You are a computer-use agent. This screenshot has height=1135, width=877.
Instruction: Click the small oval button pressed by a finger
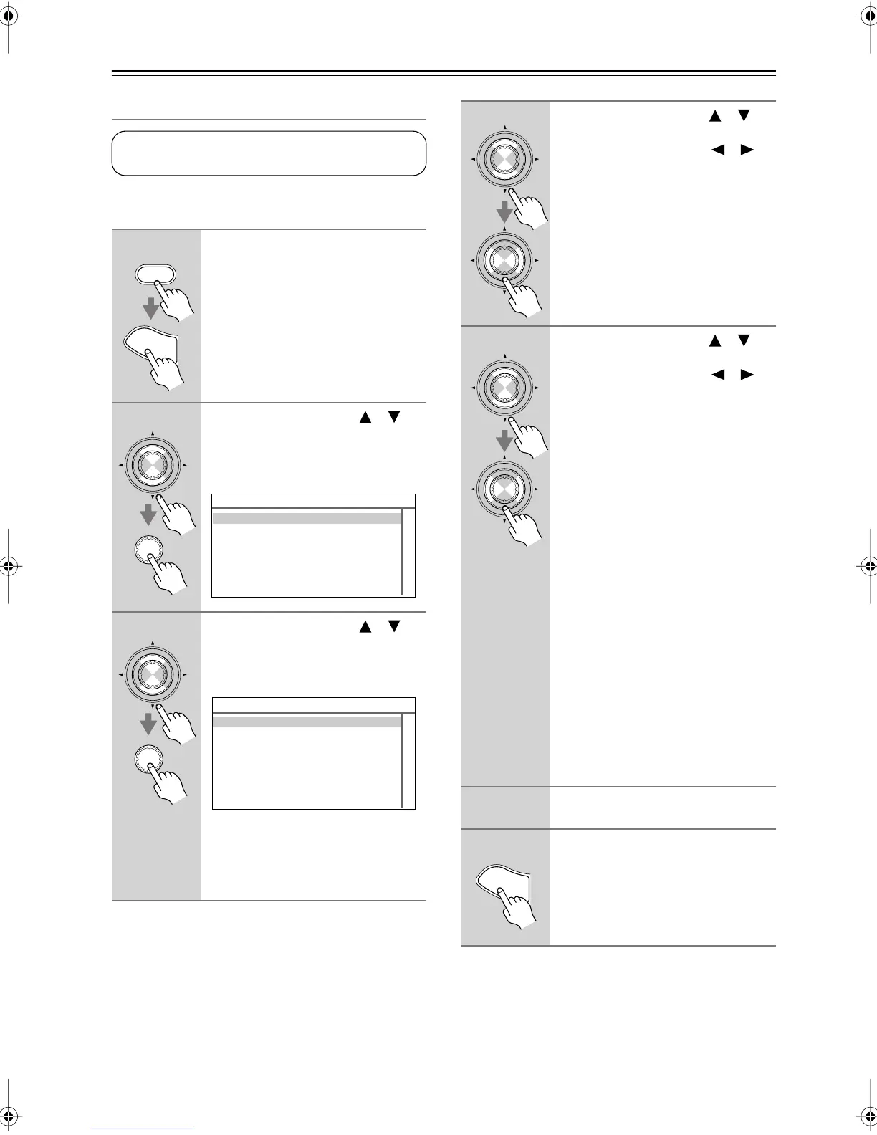(155, 275)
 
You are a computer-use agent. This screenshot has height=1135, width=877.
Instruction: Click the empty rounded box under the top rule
(269, 153)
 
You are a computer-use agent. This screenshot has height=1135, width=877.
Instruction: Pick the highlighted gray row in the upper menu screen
(307, 519)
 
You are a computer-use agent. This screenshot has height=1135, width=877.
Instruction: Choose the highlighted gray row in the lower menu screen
(307, 722)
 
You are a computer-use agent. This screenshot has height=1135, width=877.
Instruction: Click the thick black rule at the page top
(444, 72)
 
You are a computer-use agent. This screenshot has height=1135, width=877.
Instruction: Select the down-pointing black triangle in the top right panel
(744, 115)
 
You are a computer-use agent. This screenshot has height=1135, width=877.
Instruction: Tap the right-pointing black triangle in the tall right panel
(747, 375)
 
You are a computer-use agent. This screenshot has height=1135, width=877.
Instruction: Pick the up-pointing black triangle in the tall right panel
(714, 341)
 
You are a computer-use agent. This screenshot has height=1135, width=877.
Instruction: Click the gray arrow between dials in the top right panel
(505, 211)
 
